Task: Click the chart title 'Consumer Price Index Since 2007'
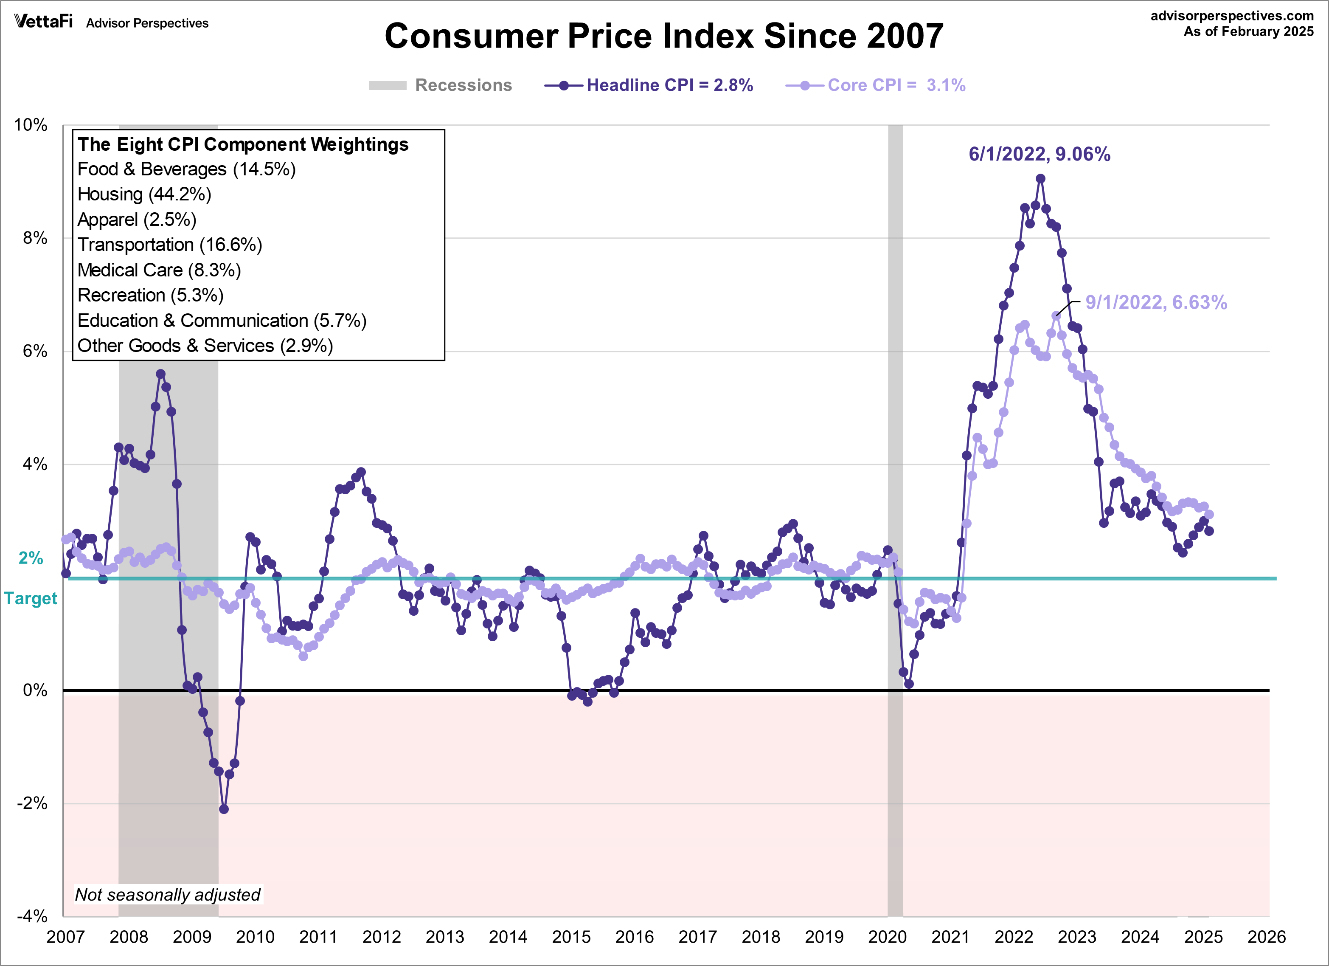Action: click(x=663, y=37)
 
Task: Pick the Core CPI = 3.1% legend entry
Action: click(x=876, y=86)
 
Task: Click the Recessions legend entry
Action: click(x=441, y=86)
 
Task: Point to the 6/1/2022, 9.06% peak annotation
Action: click(x=1039, y=154)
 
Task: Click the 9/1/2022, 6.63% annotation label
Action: click(x=1155, y=302)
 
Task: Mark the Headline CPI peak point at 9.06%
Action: click(x=1040, y=179)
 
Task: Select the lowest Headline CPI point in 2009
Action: click(x=224, y=809)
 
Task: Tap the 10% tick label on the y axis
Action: click(x=31, y=125)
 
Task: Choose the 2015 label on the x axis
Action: click(x=571, y=937)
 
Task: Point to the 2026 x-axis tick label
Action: click(x=1266, y=937)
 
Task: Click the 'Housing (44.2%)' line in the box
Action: click(x=144, y=194)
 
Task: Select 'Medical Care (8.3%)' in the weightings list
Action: click(x=159, y=270)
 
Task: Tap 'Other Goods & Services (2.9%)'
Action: click(x=205, y=346)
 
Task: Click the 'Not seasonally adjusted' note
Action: click(x=168, y=895)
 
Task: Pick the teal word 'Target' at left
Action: click(x=31, y=598)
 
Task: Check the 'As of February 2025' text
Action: click(x=1248, y=32)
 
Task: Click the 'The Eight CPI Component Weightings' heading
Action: click(x=243, y=144)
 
